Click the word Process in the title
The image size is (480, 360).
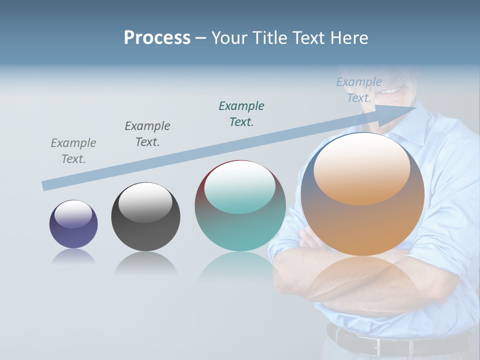(x=157, y=38)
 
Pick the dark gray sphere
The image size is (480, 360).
(x=145, y=217)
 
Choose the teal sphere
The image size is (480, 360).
(x=240, y=206)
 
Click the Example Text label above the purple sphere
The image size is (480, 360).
(x=73, y=151)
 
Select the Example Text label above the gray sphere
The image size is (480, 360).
(x=147, y=134)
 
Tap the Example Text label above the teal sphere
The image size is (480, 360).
(x=241, y=113)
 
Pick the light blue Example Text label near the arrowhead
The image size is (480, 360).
(x=359, y=90)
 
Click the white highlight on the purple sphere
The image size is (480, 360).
(x=73, y=214)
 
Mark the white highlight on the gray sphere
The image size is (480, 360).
(x=145, y=202)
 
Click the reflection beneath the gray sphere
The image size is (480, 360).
(x=145, y=263)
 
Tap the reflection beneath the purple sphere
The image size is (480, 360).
(x=73, y=256)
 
